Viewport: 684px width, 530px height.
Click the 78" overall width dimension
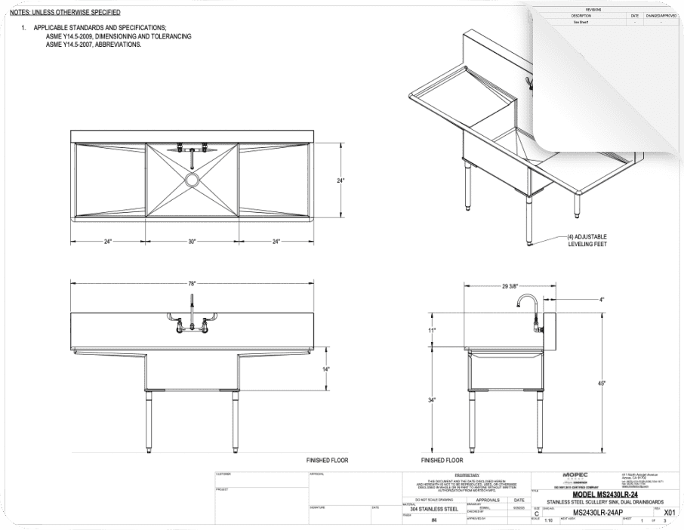tap(192, 283)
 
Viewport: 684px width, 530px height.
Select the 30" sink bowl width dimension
tap(192, 242)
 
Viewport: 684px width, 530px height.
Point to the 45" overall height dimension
tap(601, 384)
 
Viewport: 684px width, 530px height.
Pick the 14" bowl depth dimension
tap(326, 369)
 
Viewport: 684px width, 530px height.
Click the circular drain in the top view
tap(192, 180)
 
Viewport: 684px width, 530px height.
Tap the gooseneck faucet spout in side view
tap(523, 301)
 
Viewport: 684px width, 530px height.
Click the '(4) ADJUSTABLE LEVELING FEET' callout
tap(587, 240)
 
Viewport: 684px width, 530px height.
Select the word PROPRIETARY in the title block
tap(467, 475)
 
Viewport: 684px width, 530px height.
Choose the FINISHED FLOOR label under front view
tap(327, 460)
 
